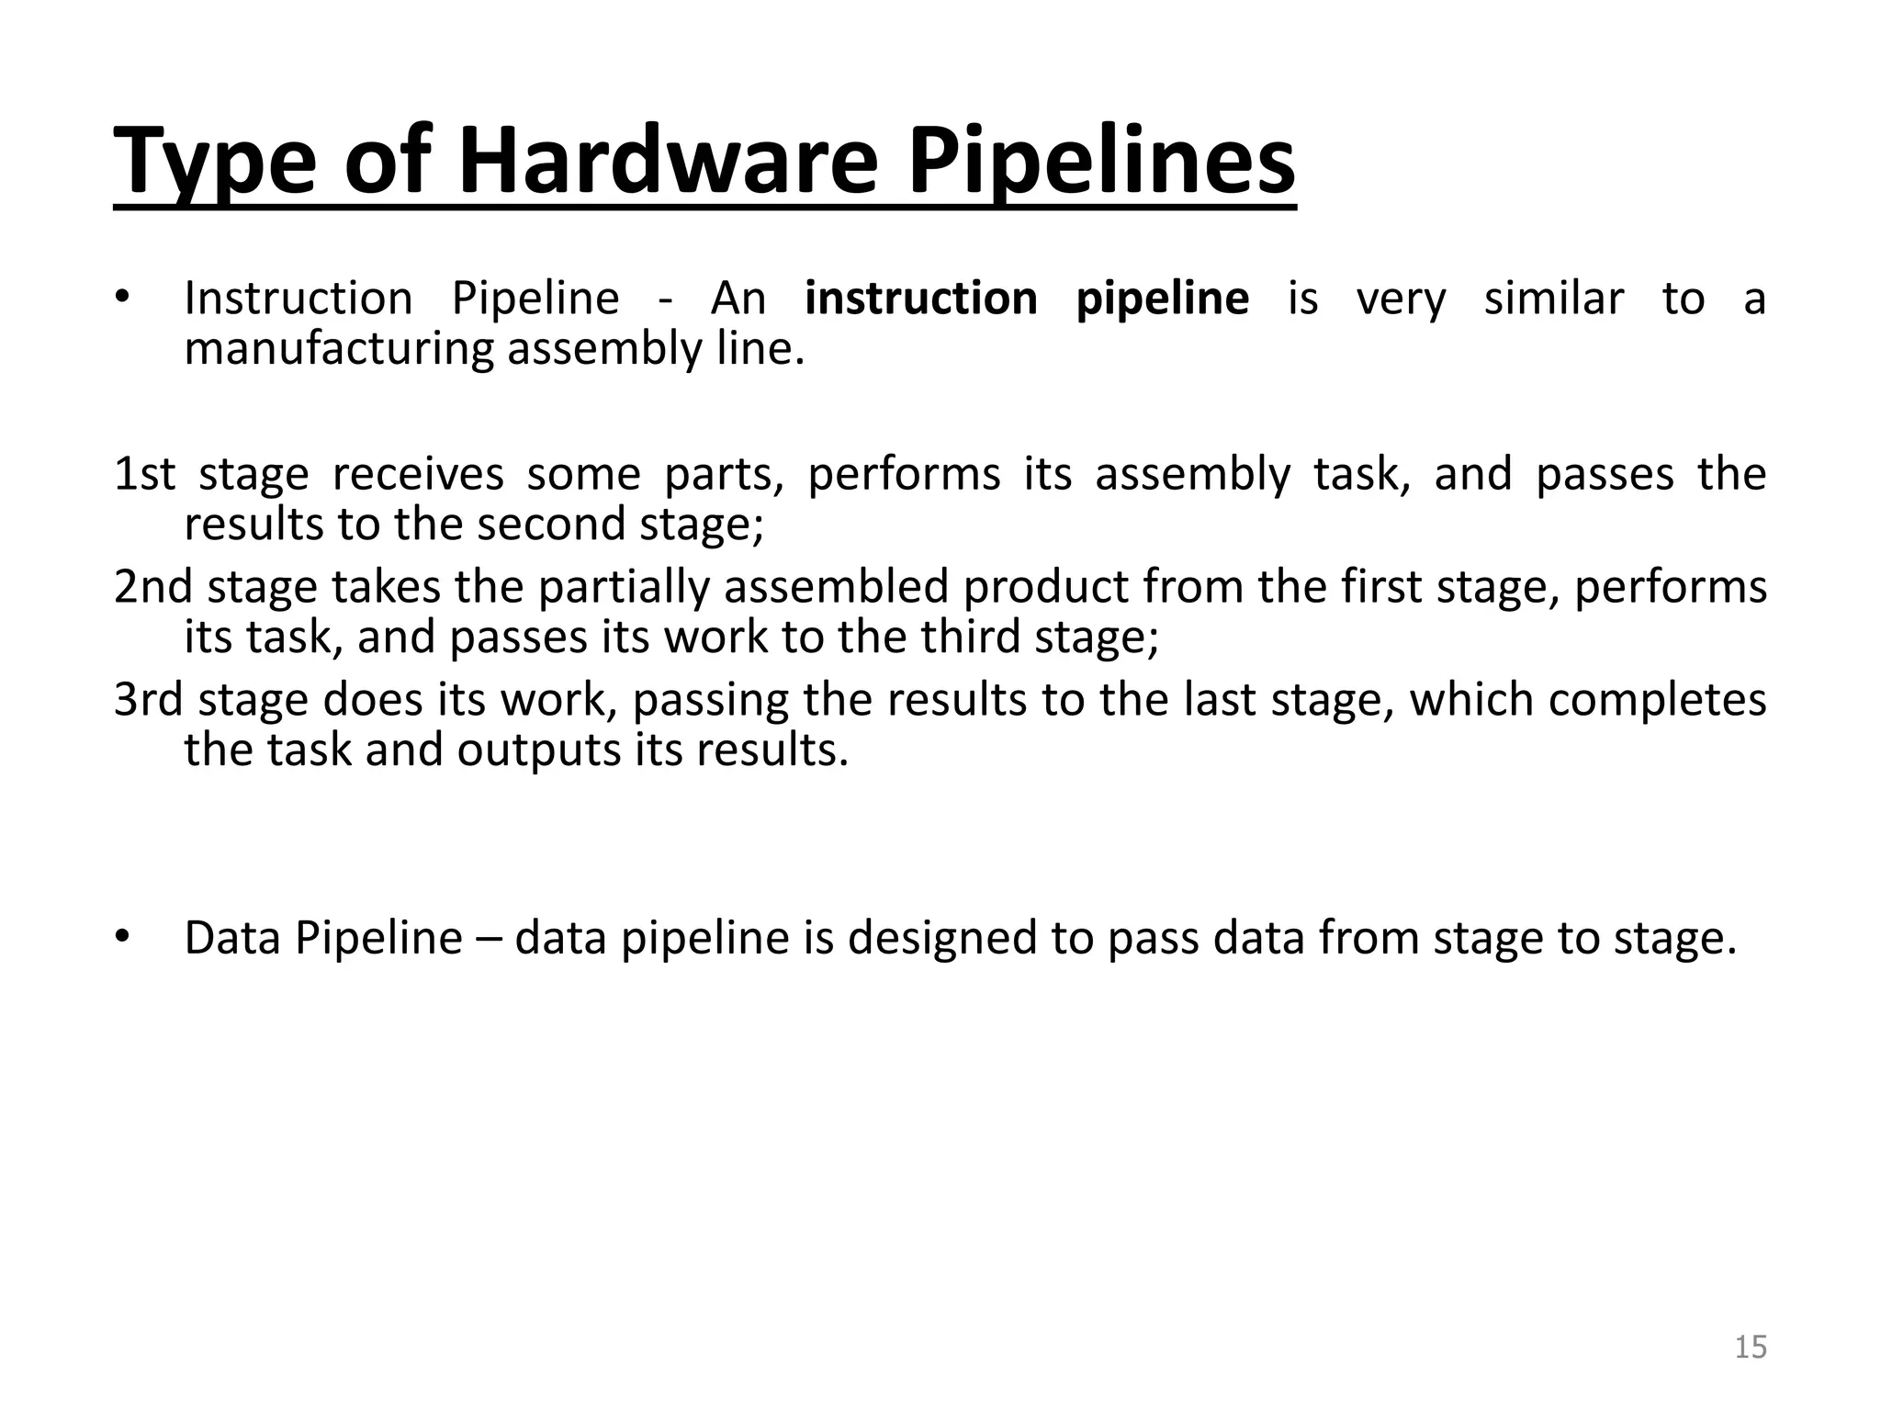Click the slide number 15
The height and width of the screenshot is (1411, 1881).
coord(1751,1347)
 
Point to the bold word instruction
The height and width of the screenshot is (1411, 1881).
coord(921,299)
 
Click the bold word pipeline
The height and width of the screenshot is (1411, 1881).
coord(1162,299)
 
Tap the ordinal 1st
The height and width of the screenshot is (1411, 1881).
coord(144,474)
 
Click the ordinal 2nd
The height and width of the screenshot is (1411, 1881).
coord(153,587)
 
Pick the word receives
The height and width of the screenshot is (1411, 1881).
coord(418,474)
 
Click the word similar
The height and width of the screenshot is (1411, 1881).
coord(1554,299)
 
